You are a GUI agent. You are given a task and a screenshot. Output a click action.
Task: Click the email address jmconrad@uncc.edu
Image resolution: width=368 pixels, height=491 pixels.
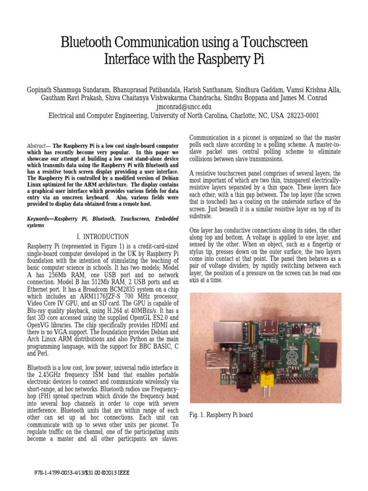pos(184,107)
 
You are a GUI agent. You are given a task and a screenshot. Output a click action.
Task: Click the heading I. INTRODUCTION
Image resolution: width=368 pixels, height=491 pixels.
pos(103,237)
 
